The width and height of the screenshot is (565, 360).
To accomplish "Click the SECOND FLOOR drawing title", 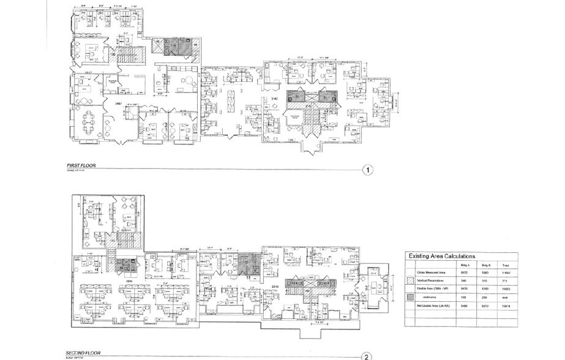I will click(84, 353).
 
